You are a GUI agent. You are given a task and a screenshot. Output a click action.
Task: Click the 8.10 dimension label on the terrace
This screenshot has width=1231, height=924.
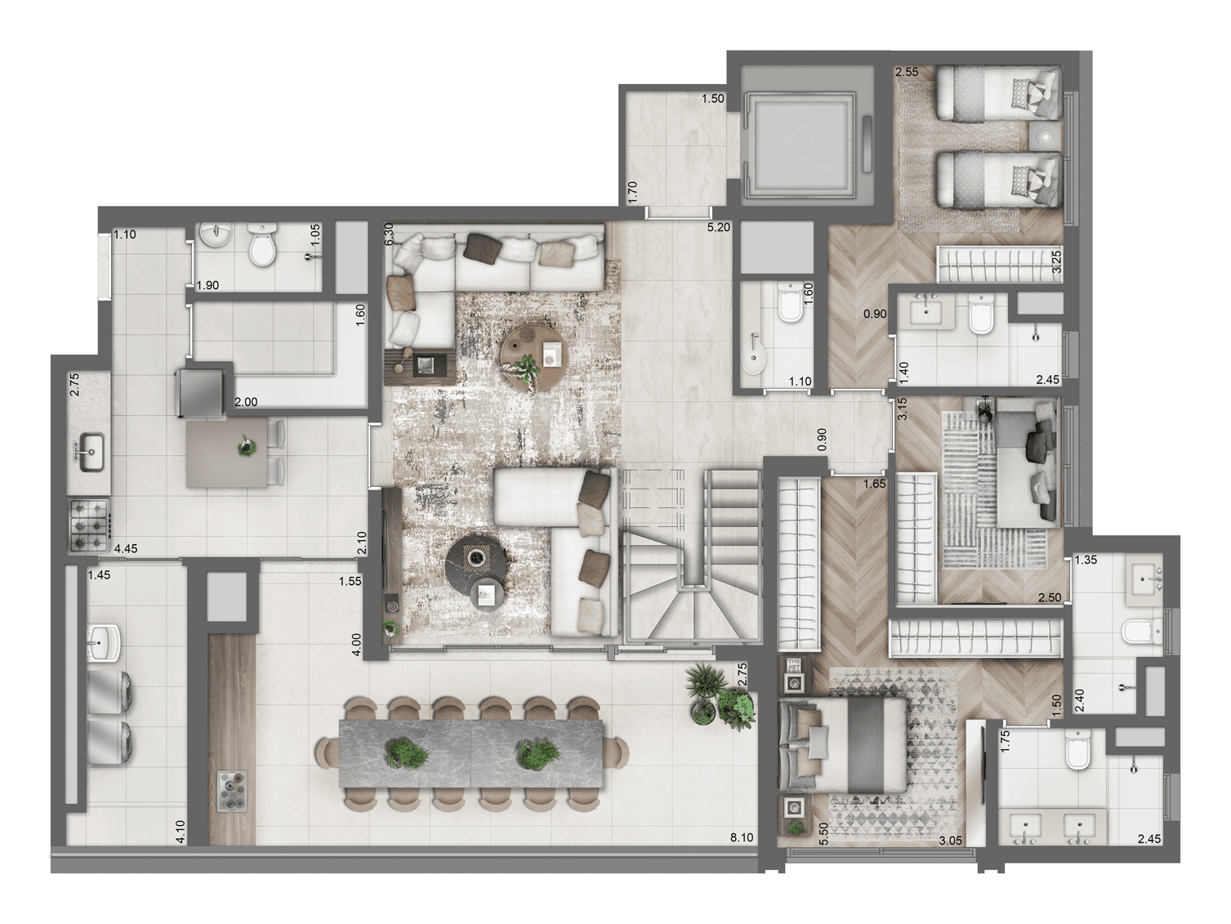(x=742, y=837)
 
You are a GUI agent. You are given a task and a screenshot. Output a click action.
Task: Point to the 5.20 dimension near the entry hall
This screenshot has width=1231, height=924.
(x=719, y=227)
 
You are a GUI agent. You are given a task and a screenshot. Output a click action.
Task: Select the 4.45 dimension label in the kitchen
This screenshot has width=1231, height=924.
(x=125, y=549)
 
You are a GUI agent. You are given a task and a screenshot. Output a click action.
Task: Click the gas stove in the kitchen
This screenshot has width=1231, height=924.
(x=88, y=523)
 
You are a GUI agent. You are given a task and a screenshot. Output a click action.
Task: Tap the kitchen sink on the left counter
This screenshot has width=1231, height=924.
(x=89, y=448)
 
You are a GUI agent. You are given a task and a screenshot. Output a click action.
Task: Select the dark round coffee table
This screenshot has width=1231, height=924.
(x=478, y=561)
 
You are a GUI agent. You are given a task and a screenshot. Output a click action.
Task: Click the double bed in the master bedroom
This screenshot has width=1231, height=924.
(x=843, y=744)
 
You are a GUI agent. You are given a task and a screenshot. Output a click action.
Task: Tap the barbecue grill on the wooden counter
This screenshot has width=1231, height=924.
(x=232, y=790)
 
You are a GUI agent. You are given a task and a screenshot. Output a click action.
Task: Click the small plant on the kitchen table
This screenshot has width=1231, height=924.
(x=245, y=446)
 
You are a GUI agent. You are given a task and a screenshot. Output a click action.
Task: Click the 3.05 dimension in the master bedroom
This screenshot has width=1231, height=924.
(x=949, y=839)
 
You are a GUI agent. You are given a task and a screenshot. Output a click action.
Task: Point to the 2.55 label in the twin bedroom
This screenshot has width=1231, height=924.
(x=907, y=72)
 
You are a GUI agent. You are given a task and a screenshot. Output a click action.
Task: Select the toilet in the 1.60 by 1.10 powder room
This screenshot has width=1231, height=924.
(x=790, y=305)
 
